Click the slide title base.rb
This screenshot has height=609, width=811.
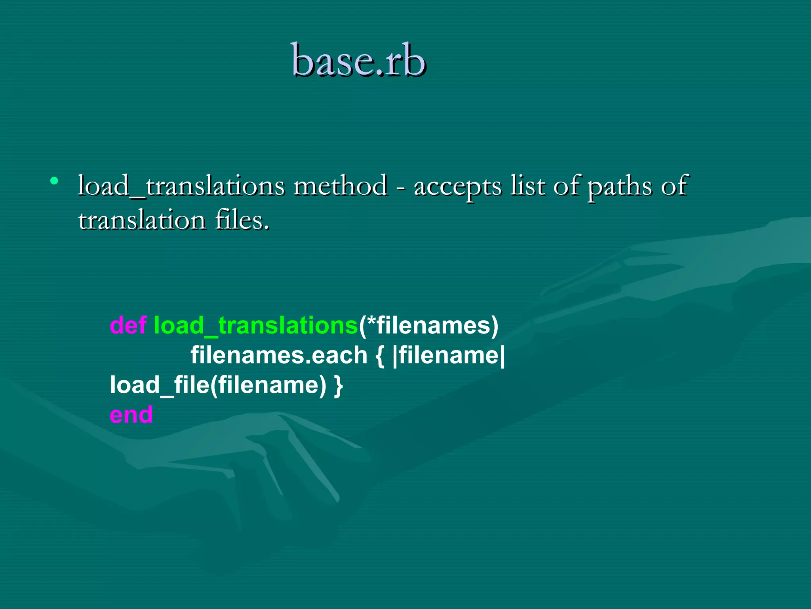358,61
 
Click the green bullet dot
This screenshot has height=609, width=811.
54,181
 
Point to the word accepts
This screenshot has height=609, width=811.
457,186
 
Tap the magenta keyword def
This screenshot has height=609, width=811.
128,325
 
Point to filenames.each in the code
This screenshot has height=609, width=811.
279,355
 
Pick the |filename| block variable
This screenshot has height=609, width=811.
449,355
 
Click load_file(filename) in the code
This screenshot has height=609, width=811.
218,385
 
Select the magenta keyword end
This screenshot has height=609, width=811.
131,415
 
